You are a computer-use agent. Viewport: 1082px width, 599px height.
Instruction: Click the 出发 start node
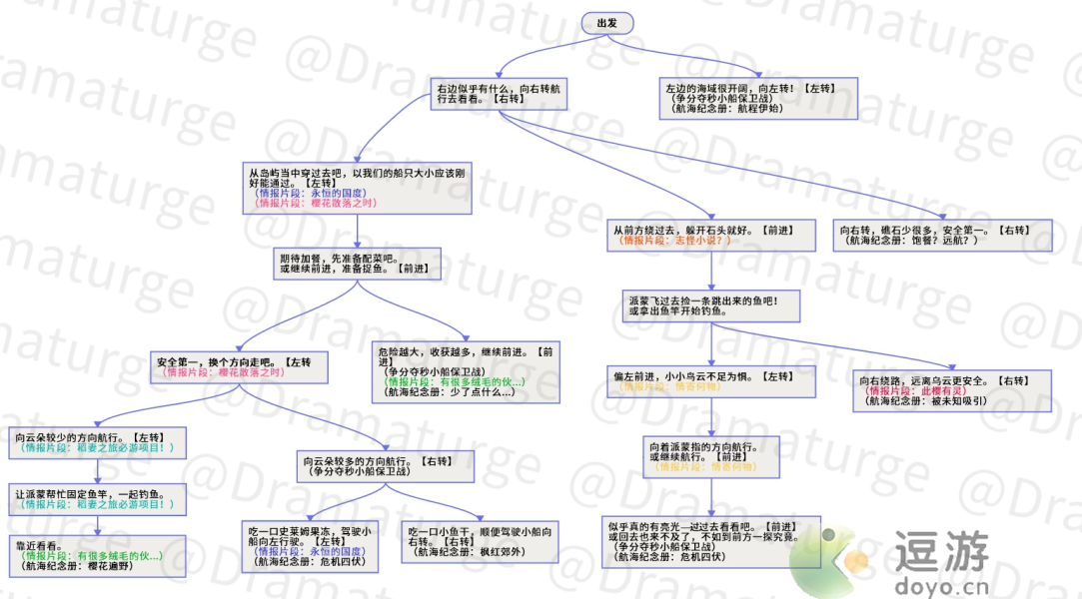point(605,23)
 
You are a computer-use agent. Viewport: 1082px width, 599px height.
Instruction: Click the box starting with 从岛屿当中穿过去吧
point(357,188)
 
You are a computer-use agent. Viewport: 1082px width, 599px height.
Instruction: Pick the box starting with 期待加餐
point(358,264)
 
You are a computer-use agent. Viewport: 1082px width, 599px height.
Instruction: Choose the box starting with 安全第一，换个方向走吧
point(240,366)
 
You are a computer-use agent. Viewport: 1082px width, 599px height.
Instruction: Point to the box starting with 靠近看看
point(99,555)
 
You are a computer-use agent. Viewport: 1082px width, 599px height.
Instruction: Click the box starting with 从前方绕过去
point(711,236)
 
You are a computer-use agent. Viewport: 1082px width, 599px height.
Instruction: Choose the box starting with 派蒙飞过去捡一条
point(711,305)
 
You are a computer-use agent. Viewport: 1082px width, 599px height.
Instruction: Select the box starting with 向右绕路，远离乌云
point(954,390)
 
